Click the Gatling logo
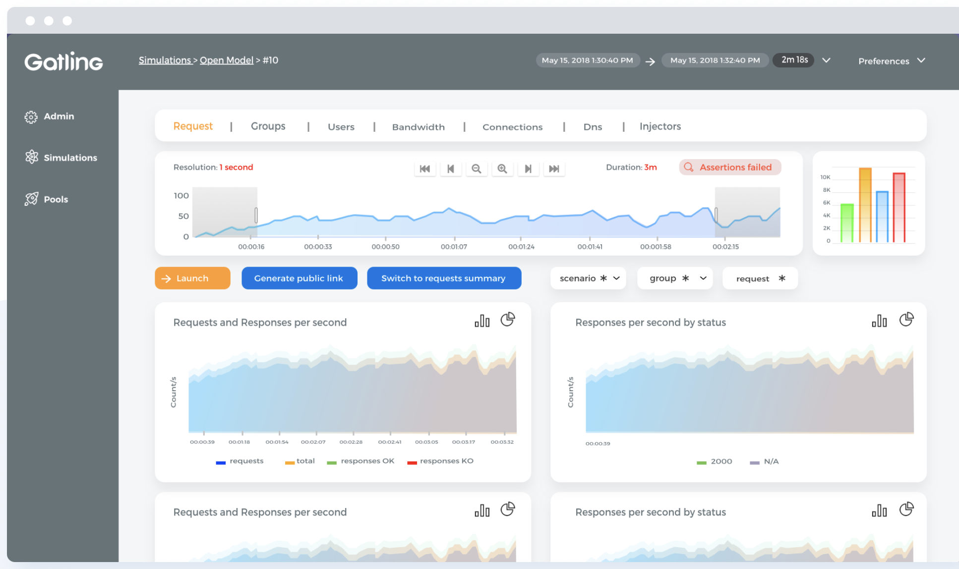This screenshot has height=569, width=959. (x=63, y=61)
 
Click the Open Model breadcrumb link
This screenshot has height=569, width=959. (x=226, y=60)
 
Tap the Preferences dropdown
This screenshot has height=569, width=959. (x=891, y=61)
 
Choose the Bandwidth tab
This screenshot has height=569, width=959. (x=418, y=127)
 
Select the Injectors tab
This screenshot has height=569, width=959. (x=659, y=126)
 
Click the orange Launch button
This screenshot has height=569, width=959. (x=192, y=278)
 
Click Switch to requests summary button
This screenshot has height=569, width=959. (x=443, y=278)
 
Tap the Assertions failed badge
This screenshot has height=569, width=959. (x=729, y=168)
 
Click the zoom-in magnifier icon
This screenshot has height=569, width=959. (x=502, y=169)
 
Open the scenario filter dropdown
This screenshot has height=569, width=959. (x=588, y=278)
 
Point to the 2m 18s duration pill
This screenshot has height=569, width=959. (x=794, y=60)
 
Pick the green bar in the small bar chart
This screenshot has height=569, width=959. (x=847, y=223)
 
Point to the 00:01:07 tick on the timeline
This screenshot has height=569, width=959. (x=454, y=246)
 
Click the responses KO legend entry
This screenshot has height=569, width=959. (x=440, y=461)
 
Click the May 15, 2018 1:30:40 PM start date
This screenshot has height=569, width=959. (x=587, y=60)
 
